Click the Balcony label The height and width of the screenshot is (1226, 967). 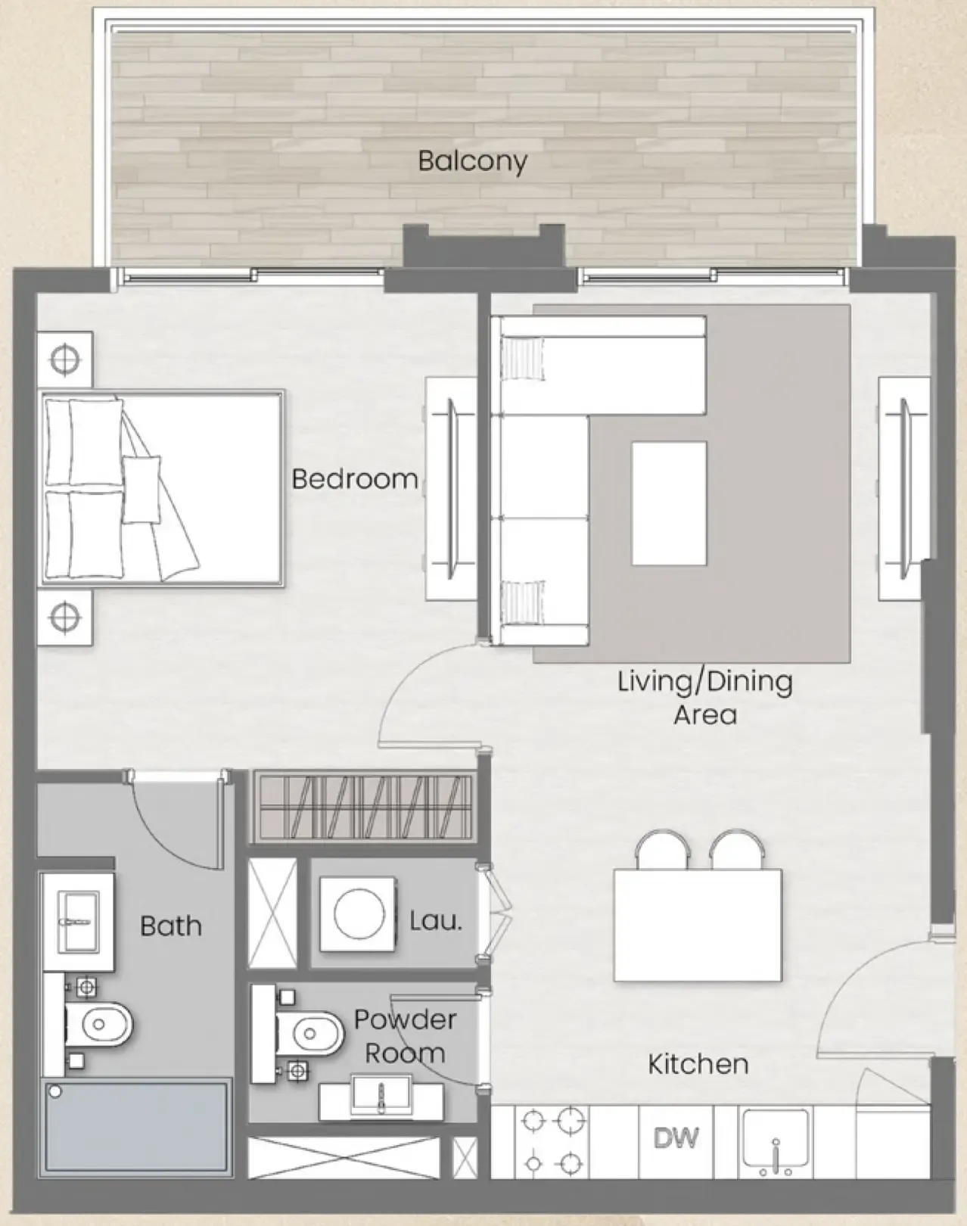(472, 161)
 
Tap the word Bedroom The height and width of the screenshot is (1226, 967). (355, 479)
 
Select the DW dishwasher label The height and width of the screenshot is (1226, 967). (676, 1137)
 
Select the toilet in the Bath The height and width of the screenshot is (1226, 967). (98, 1025)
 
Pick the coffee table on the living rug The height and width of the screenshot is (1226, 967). (669, 503)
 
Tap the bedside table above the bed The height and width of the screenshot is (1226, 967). (65, 359)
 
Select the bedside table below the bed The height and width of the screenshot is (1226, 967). (65, 618)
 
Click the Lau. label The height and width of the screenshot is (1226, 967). (435, 921)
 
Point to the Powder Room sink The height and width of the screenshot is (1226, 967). (381, 1098)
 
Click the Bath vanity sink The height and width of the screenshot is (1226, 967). (78, 921)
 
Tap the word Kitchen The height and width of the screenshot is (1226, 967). (698, 1064)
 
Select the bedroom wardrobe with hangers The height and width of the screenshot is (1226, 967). (363, 807)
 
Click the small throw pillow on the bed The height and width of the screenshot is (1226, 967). (141, 490)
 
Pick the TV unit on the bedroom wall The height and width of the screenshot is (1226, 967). (450, 489)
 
